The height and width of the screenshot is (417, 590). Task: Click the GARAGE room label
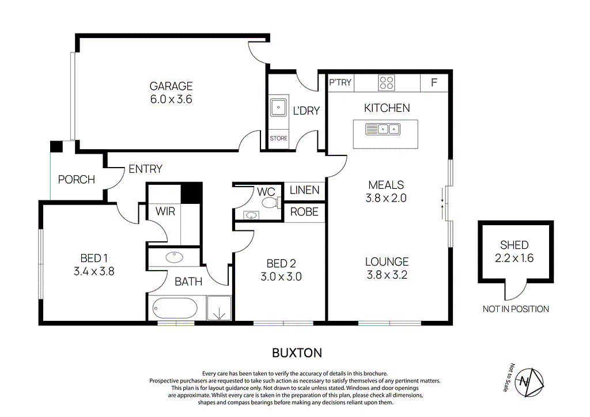[171, 86]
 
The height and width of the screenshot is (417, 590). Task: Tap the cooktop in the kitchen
[386, 83]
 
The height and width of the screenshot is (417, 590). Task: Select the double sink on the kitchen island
[383, 130]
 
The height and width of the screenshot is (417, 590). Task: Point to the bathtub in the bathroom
[175, 308]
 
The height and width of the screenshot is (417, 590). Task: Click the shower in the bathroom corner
[219, 308]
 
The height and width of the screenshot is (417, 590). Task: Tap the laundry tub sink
[279, 108]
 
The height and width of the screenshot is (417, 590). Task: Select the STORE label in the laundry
[278, 138]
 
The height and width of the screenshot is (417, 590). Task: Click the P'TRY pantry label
[340, 82]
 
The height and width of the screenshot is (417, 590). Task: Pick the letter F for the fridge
[434, 82]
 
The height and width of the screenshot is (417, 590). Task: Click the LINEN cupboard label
[304, 190]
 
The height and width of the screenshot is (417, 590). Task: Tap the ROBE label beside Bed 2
[304, 212]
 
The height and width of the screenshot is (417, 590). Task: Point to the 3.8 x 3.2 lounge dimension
[387, 275]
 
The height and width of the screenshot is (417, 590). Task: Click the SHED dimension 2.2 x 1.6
[514, 259]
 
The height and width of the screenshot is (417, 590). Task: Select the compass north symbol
[529, 382]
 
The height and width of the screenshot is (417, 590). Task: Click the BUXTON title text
[297, 353]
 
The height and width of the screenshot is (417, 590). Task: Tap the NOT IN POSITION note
[516, 309]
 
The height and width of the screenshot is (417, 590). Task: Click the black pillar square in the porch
[56, 147]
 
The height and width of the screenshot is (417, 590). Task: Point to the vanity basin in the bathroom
[174, 257]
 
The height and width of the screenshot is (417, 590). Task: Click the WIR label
[165, 211]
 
